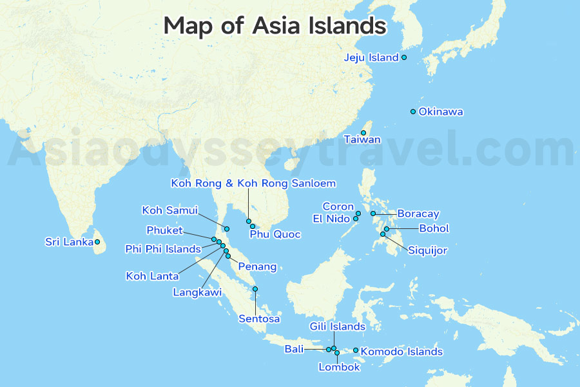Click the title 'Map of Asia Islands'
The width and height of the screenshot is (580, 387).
click(275, 26)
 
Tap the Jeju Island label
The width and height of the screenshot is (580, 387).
click(371, 57)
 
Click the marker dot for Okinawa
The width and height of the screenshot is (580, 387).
click(413, 112)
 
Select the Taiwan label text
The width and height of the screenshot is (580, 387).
click(362, 139)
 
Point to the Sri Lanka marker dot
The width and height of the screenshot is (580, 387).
click(97, 242)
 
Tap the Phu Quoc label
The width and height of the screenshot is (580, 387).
click(275, 234)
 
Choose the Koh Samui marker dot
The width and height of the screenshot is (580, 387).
click(227, 229)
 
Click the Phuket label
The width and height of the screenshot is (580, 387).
click(164, 230)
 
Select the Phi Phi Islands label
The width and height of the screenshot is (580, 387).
click(164, 249)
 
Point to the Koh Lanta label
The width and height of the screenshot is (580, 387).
click(152, 276)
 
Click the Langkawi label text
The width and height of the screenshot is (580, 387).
click(197, 292)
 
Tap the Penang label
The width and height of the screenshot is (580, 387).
click(257, 266)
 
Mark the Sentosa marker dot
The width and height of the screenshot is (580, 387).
click(255, 289)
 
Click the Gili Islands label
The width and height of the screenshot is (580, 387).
click(338, 326)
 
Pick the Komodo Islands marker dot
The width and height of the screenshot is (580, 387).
click(356, 351)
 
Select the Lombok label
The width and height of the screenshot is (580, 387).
click(339, 367)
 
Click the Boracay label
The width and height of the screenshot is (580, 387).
click(418, 213)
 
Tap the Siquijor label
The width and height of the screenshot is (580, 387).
click(427, 250)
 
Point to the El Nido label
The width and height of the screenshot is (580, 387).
click(331, 219)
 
